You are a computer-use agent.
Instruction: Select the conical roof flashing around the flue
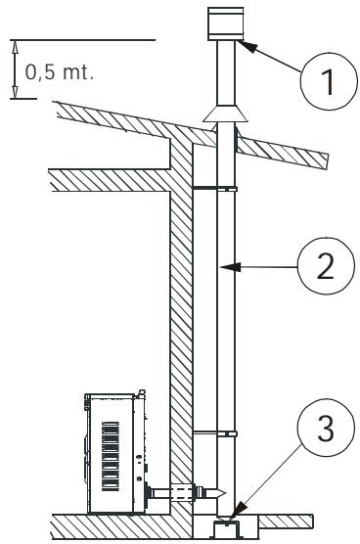pyautogui.click(x=225, y=114)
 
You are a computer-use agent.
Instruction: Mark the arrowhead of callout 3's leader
pyautogui.click(x=232, y=508)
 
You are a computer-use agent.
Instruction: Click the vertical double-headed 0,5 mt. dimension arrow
pyautogui.click(x=15, y=68)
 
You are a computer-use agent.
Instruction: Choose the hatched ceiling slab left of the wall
pyautogui.click(x=108, y=179)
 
